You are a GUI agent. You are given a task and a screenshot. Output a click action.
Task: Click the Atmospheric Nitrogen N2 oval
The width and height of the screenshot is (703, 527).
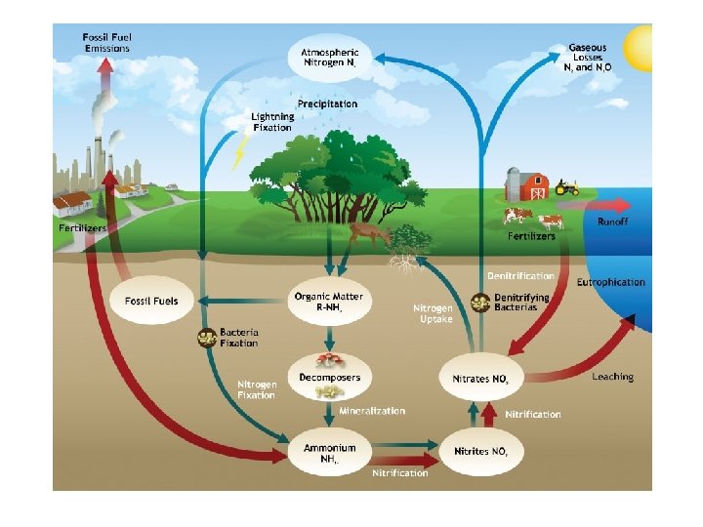tap(330, 57)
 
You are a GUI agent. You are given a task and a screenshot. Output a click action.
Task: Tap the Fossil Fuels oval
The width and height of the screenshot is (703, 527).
tap(151, 301)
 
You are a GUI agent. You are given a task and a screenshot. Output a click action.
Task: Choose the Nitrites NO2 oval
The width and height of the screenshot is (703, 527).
tap(480, 452)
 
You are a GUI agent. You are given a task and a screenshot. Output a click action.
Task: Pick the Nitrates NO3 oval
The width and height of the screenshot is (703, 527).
tap(480, 378)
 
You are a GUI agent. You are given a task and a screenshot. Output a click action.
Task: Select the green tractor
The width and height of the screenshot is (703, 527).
tap(567, 186)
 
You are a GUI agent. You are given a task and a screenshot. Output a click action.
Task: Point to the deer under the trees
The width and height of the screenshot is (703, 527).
tap(370, 233)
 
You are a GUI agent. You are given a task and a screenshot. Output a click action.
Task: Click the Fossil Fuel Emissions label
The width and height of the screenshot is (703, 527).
tap(106, 42)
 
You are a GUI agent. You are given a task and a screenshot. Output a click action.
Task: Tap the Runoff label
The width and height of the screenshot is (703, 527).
tap(613, 222)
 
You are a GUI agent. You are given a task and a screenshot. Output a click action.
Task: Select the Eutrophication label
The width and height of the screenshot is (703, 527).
tap(610, 282)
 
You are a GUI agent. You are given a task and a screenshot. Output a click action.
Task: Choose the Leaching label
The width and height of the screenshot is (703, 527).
tap(612, 377)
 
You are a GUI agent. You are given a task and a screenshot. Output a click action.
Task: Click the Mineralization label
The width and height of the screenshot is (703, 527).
tap(372, 412)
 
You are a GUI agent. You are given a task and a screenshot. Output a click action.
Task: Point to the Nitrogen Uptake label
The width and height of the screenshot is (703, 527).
tap(434, 313)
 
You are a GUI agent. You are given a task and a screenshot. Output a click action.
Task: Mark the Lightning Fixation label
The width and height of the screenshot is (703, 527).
tap(272, 122)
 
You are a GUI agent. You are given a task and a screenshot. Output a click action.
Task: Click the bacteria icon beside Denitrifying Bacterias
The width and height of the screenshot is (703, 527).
tap(479, 303)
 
